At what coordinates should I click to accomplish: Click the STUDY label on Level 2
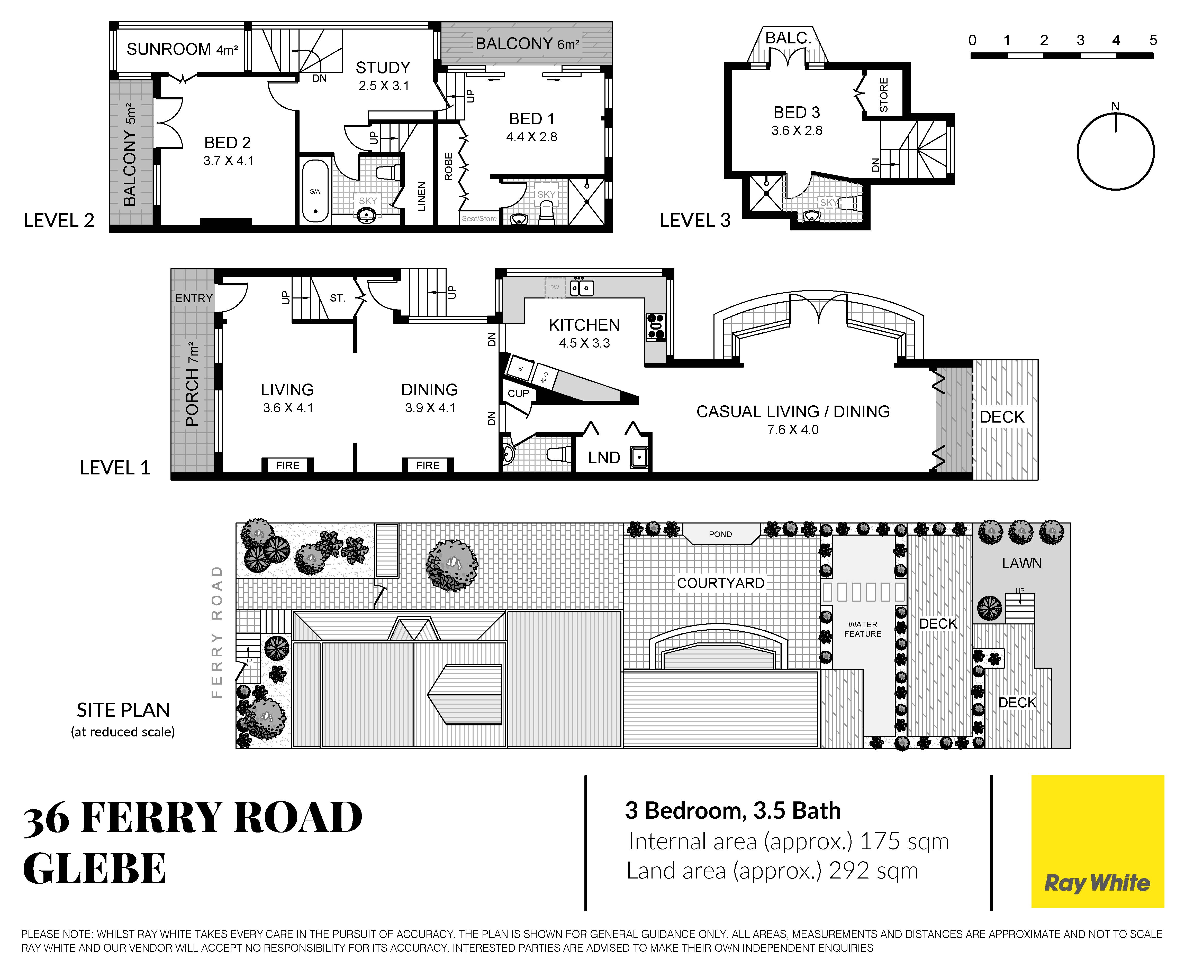coord(383,68)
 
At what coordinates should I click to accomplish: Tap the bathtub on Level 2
coord(315,191)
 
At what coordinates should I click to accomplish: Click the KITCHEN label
coord(584,325)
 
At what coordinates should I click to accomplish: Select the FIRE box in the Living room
coord(287,465)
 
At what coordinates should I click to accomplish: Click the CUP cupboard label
coord(518,394)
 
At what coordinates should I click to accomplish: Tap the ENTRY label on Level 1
coord(194,298)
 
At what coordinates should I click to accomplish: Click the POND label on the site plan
coord(720,534)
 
